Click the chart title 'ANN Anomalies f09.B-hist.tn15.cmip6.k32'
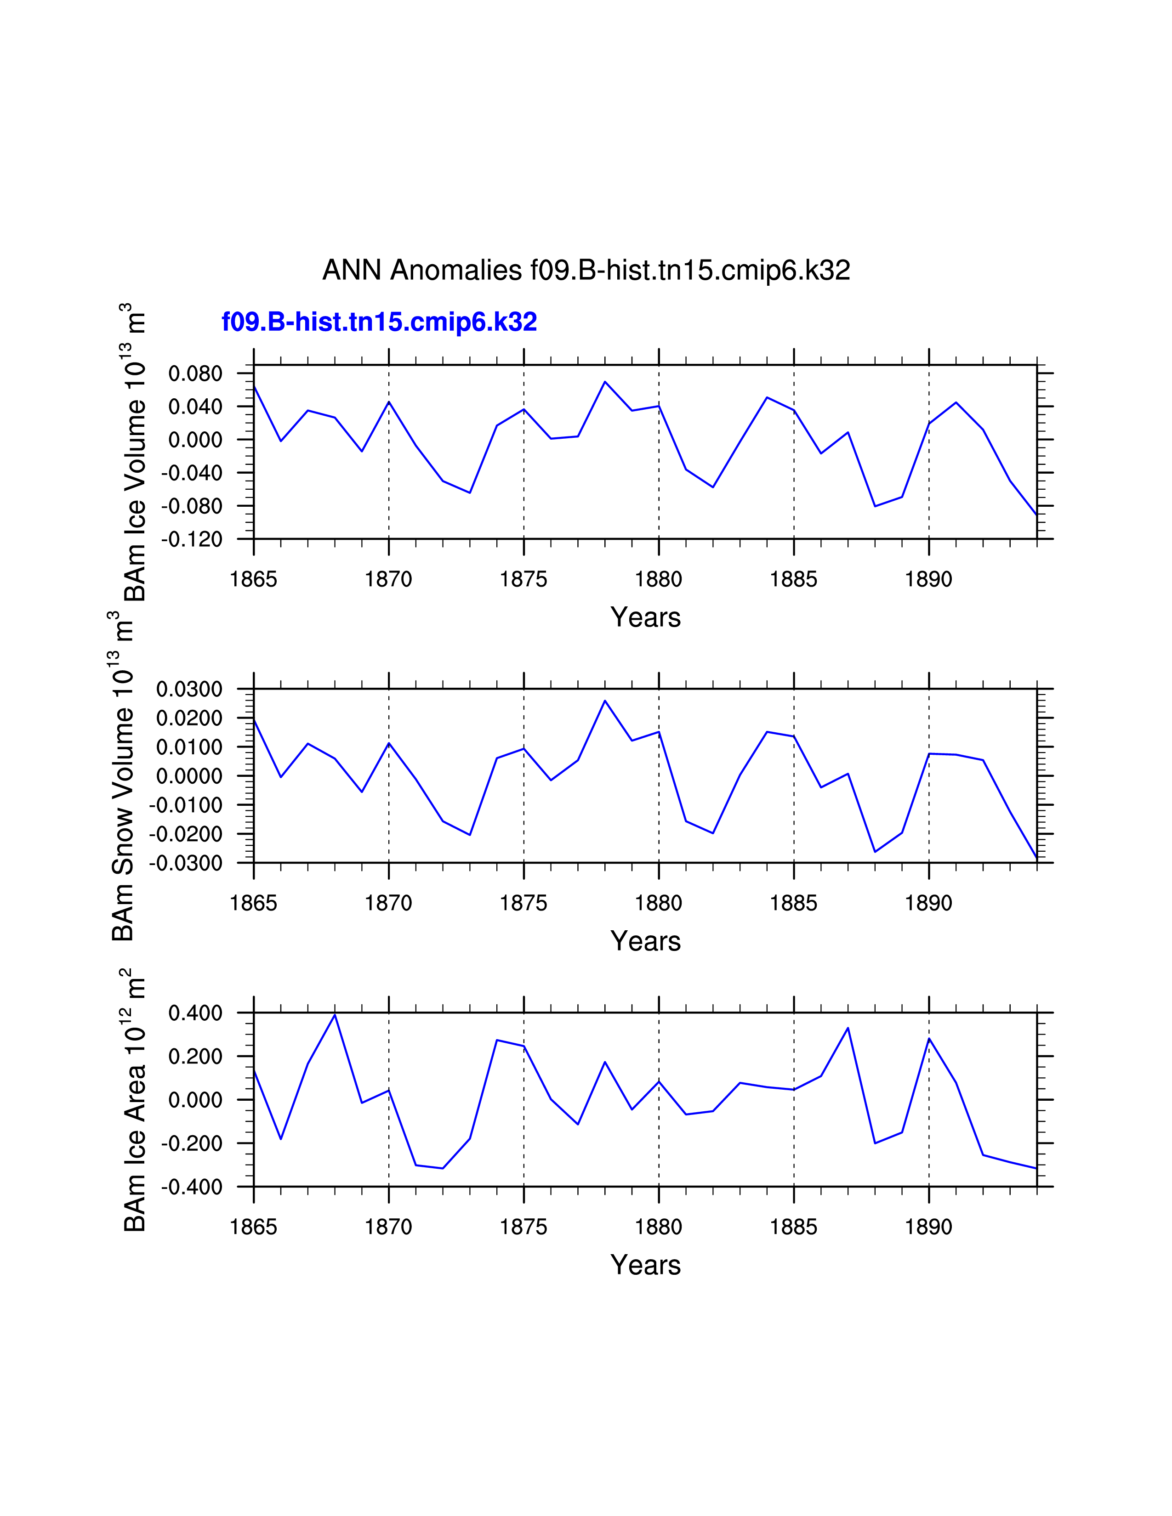[586, 270]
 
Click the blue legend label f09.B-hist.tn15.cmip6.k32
[379, 322]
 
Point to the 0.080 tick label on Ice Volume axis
[195, 373]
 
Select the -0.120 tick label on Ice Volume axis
[192, 539]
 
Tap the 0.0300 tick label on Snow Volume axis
[189, 689]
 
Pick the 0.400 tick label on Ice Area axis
[195, 1013]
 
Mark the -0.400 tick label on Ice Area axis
[192, 1187]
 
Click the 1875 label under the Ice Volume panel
[523, 579]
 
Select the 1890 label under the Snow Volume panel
[928, 903]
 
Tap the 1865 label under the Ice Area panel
[253, 1227]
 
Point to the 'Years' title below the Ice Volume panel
[646, 617]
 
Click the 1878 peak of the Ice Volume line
[605, 382]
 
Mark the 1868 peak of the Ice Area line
[335, 1015]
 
